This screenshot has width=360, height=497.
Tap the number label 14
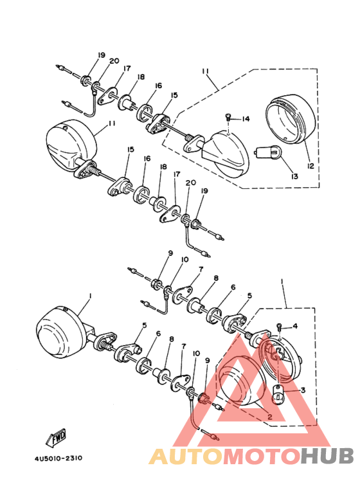click(x=246, y=119)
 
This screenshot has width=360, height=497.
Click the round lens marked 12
click(x=292, y=118)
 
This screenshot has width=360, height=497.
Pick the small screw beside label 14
click(x=228, y=117)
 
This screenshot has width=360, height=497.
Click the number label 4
click(x=295, y=327)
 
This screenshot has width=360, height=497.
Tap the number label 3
click(x=302, y=390)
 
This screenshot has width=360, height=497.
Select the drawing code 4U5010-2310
click(x=54, y=459)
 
